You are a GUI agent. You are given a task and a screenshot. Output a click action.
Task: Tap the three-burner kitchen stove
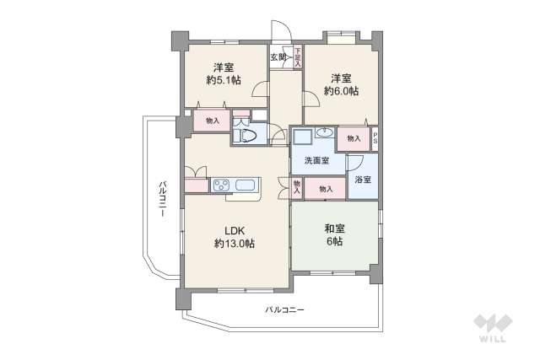click(x=221, y=186)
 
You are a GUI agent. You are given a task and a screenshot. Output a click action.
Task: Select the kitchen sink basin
click(x=247, y=186)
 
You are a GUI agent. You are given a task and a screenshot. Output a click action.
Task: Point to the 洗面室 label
click(x=317, y=161)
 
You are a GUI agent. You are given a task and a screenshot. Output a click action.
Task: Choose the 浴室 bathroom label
click(x=363, y=180)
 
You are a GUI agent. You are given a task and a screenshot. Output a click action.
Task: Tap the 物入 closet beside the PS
click(x=354, y=138)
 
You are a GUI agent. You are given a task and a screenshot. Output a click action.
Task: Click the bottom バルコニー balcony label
click(x=284, y=310)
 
